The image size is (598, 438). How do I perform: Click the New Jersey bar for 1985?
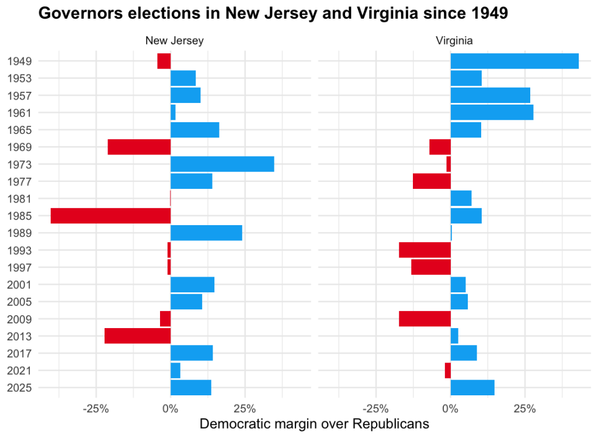tap(110, 216)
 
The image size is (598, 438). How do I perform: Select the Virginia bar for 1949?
tap(514, 61)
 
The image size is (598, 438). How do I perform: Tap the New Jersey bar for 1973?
tap(222, 164)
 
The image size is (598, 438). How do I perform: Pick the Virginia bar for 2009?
tap(425, 319)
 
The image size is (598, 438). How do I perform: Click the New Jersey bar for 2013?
tap(137, 336)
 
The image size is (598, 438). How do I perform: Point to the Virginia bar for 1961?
tap(492, 112)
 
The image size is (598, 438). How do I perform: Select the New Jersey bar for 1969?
tap(139, 147)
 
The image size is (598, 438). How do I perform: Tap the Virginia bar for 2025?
tap(472, 388)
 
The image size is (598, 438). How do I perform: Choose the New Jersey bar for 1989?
tap(206, 233)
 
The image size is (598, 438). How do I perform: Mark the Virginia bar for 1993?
tap(425, 250)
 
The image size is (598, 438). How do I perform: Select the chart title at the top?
tap(273, 14)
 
